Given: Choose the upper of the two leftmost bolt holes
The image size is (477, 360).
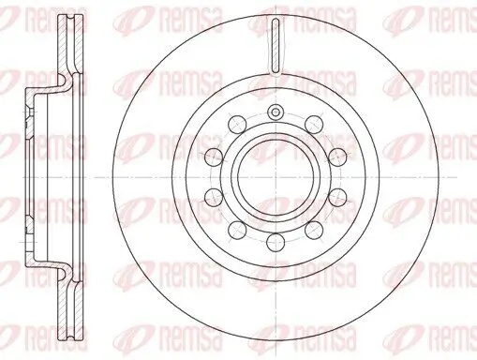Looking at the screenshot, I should click(x=214, y=156).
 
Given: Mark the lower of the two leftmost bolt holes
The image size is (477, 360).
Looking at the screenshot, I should click(x=214, y=197).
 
